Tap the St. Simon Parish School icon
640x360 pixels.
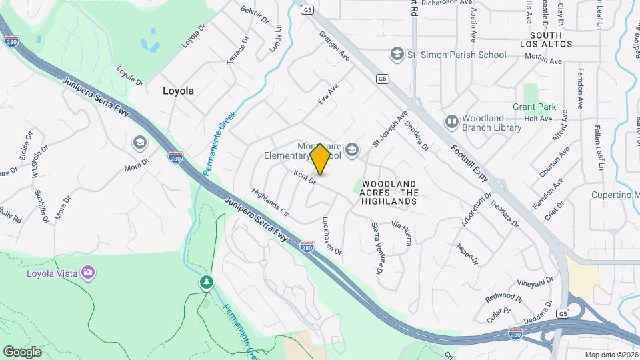pyautogui.click(x=397, y=53)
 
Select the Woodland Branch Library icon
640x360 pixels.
pyautogui.click(x=452, y=121)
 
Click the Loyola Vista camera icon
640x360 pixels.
pyautogui.click(x=88, y=272)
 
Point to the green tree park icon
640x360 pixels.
pyautogui.click(x=207, y=283)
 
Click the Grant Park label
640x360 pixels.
pyautogui.click(x=534, y=107)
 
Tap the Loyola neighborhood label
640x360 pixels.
pyautogui.click(x=179, y=91)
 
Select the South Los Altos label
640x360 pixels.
pyautogui.click(x=551, y=39)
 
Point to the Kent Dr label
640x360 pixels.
pyautogui.click(x=305, y=177)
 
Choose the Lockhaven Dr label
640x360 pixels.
pyautogui.click(x=331, y=235)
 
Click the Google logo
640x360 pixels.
pyautogui.click(x=22, y=351)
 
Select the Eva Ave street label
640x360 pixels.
pyautogui.click(x=328, y=94)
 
